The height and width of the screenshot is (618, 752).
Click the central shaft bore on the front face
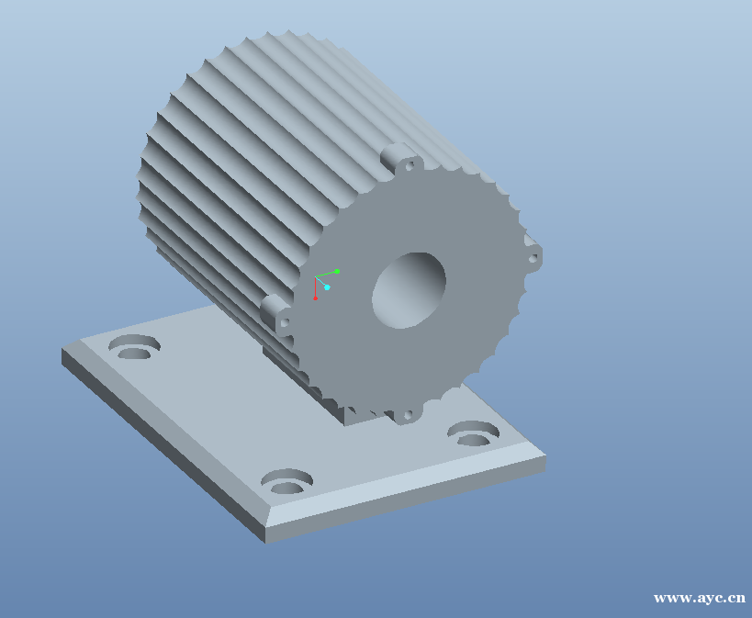pos(409,290)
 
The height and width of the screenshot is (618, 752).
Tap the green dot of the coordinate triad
pos(337,271)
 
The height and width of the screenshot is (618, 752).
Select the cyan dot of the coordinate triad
pos(327,287)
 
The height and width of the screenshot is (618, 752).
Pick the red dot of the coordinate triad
pos(315,298)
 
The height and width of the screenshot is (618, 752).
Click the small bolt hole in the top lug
pos(410,166)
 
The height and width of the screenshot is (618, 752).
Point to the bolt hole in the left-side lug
pos(284,322)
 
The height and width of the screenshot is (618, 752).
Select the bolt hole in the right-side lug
pos(532,258)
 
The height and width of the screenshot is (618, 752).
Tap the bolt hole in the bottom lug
pos(407,415)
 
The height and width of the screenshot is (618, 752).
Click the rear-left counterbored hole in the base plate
pos(134,348)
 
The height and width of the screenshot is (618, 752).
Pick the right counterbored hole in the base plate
pos(473,433)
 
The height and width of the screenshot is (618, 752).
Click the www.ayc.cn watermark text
pos(699,598)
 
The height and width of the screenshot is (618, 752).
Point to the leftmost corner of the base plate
pos(62,350)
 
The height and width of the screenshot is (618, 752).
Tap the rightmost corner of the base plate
pos(545,456)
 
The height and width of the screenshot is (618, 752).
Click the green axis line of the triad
pos(326,274)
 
